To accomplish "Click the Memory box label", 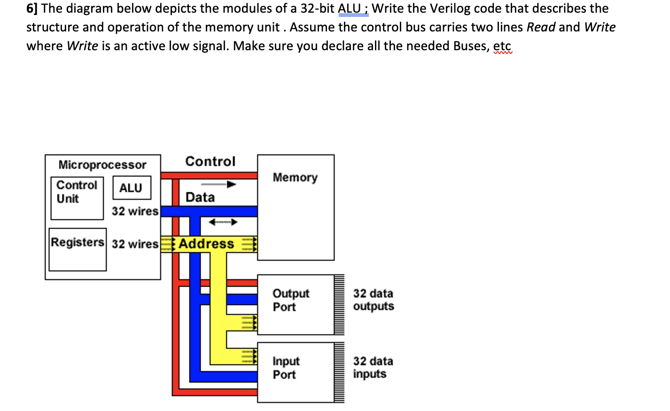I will click(x=295, y=177).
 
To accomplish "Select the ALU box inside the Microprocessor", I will click(x=132, y=188).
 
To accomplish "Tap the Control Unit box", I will click(x=77, y=192).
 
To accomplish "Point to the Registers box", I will click(x=78, y=243).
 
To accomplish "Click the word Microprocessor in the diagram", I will click(x=102, y=165).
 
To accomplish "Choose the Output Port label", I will click(x=290, y=300).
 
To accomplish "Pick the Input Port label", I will click(x=286, y=367).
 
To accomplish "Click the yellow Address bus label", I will click(x=206, y=244).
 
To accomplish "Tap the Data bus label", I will click(x=200, y=197).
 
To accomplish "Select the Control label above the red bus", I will click(x=210, y=161).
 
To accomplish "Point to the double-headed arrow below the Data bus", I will click(x=223, y=222).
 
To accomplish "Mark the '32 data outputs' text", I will click(x=373, y=300).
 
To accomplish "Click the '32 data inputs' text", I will click(x=373, y=367).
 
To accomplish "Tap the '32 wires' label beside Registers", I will click(x=135, y=244).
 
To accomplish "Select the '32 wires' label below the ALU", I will click(x=135, y=211).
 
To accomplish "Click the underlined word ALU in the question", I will click(x=349, y=8).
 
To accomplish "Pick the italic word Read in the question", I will click(x=541, y=27).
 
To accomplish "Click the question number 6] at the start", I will click(x=32, y=8).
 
